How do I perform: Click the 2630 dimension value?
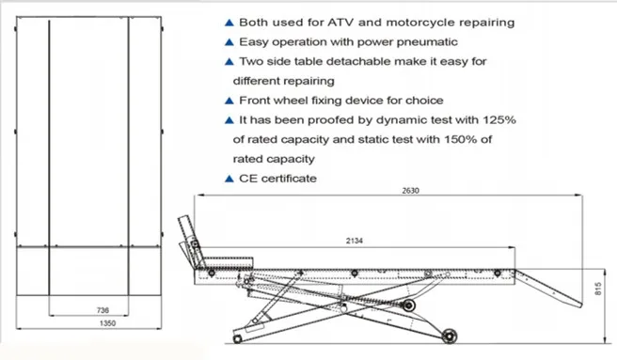pos(410,191)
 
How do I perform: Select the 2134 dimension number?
pos(355,241)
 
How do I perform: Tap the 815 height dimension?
pos(598,290)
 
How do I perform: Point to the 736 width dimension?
pos(103,310)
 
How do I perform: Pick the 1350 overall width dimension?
pos(107,323)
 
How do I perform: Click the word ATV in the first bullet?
pos(340,23)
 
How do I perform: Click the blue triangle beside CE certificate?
pos(229,179)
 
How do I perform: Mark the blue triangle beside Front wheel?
pos(229,101)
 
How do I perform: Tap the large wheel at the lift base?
pos(449,337)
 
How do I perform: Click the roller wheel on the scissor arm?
pos(408,305)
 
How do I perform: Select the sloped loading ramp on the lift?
pos(548,288)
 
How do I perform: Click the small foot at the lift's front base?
pos(237,338)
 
